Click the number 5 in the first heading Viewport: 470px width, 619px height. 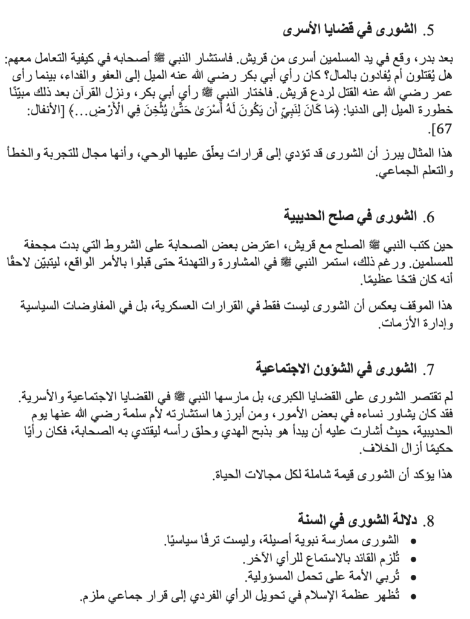431,30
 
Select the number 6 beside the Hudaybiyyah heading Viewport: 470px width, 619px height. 431,216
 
